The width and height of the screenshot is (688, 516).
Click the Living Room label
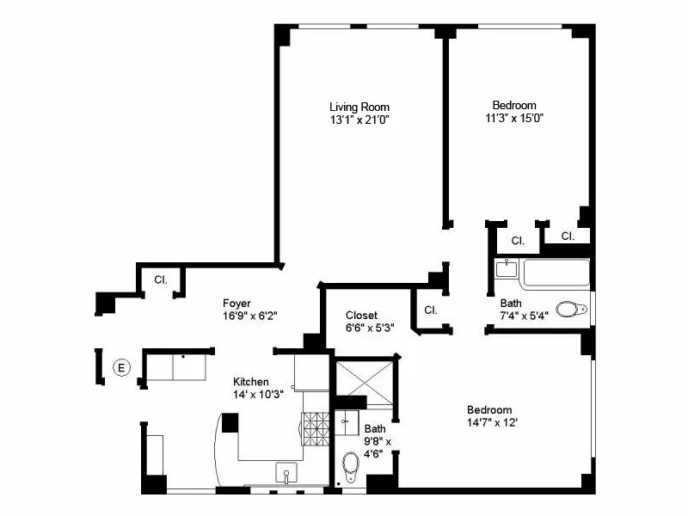coord(359,107)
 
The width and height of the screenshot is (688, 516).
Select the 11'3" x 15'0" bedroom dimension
coord(515,118)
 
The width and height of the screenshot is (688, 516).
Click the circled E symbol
coord(121,368)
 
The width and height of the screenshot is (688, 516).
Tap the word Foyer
coord(236,303)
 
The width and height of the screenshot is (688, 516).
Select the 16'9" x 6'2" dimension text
coord(249,316)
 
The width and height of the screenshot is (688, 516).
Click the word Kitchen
coord(251,382)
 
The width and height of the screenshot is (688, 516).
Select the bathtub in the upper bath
coord(556,274)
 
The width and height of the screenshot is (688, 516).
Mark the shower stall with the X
coord(363,377)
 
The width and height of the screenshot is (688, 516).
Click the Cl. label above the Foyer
coord(160,279)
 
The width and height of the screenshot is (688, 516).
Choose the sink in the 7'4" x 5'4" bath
coord(506,268)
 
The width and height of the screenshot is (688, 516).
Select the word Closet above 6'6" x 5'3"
coord(361,315)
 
